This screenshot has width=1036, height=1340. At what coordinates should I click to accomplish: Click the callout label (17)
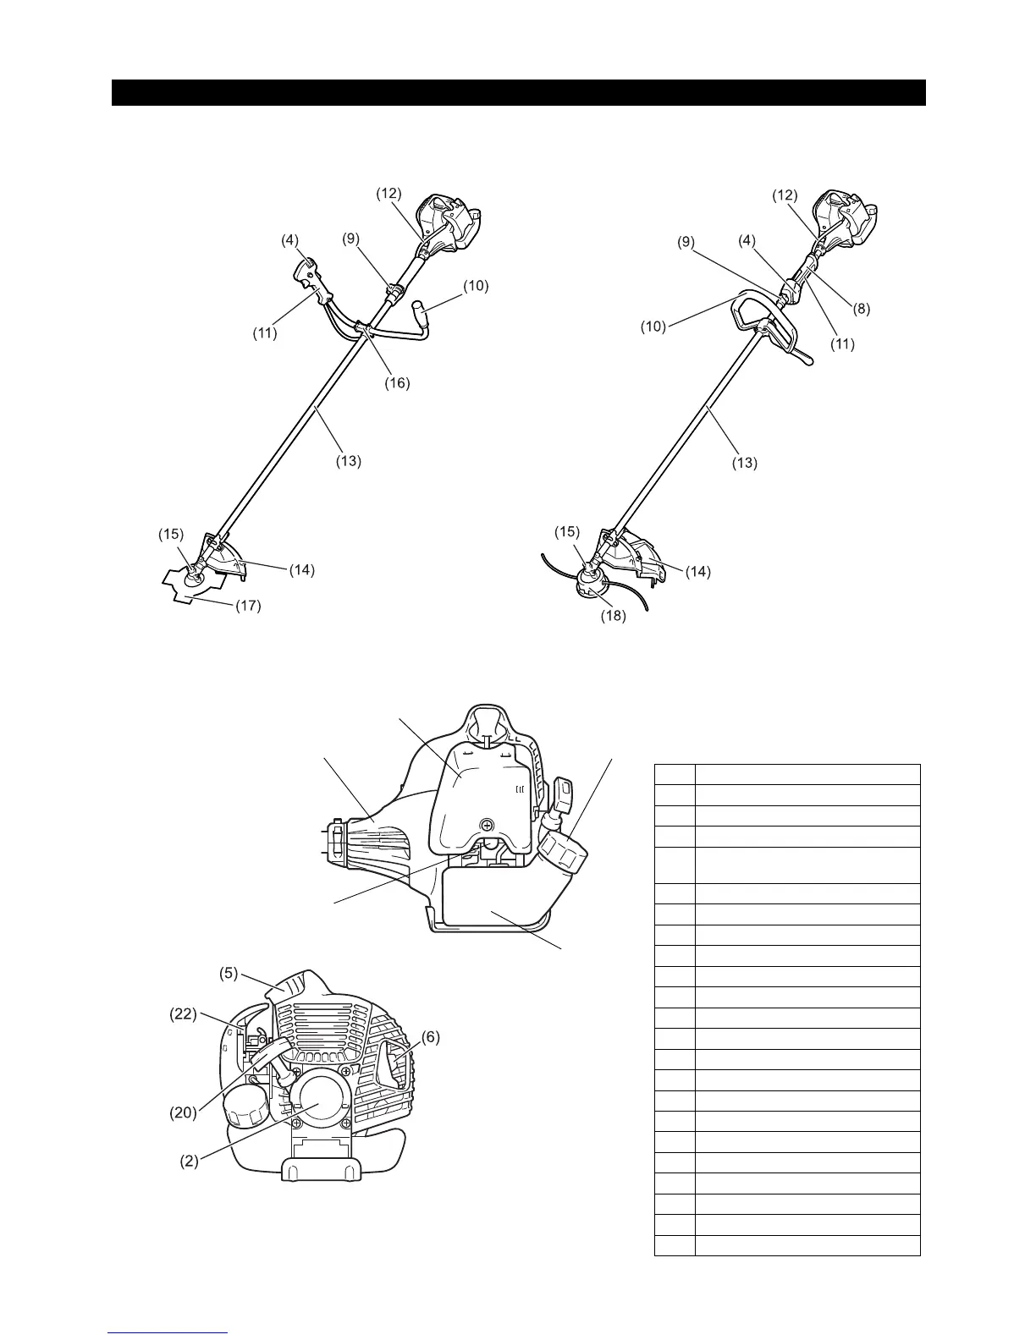(248, 606)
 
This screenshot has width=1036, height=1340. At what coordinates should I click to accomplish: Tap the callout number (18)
(614, 616)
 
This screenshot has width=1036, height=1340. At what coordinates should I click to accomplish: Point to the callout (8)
(862, 309)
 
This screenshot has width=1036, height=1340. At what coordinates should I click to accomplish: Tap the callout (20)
(184, 1112)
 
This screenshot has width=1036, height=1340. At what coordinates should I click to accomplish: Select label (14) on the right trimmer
(698, 572)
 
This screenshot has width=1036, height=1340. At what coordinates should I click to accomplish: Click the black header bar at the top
(518, 93)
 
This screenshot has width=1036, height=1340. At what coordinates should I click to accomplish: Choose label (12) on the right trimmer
(785, 195)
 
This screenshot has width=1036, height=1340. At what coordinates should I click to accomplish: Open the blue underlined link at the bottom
(168, 1333)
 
